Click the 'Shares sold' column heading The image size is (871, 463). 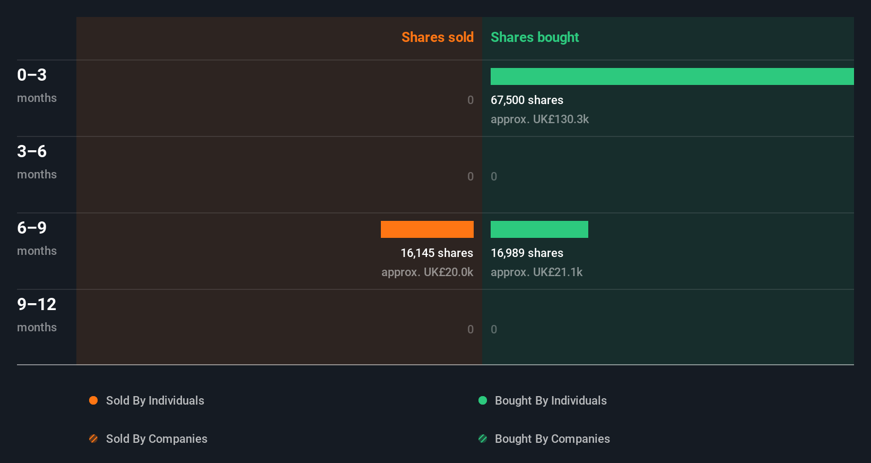[437, 37]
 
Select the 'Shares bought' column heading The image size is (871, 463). [534, 37]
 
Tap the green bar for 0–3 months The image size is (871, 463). [672, 76]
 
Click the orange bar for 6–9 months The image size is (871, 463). [427, 229]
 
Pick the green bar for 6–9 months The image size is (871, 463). [539, 229]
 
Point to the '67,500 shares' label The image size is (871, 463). [527, 100]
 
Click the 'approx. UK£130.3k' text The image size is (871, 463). [539, 119]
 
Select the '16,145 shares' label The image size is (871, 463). [437, 253]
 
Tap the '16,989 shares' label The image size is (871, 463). [527, 253]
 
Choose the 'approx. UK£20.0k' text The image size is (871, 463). [427, 272]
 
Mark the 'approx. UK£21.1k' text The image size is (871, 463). [536, 272]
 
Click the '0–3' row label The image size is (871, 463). [32, 75]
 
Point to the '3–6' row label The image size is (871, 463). [32, 151]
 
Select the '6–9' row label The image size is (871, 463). [32, 228]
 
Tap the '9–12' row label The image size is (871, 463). [37, 304]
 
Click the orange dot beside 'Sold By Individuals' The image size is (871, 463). [93, 400]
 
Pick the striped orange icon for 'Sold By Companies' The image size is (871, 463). [93, 439]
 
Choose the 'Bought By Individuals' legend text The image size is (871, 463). [551, 400]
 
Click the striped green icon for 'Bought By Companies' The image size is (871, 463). [483, 439]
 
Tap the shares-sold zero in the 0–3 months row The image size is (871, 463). [471, 100]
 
